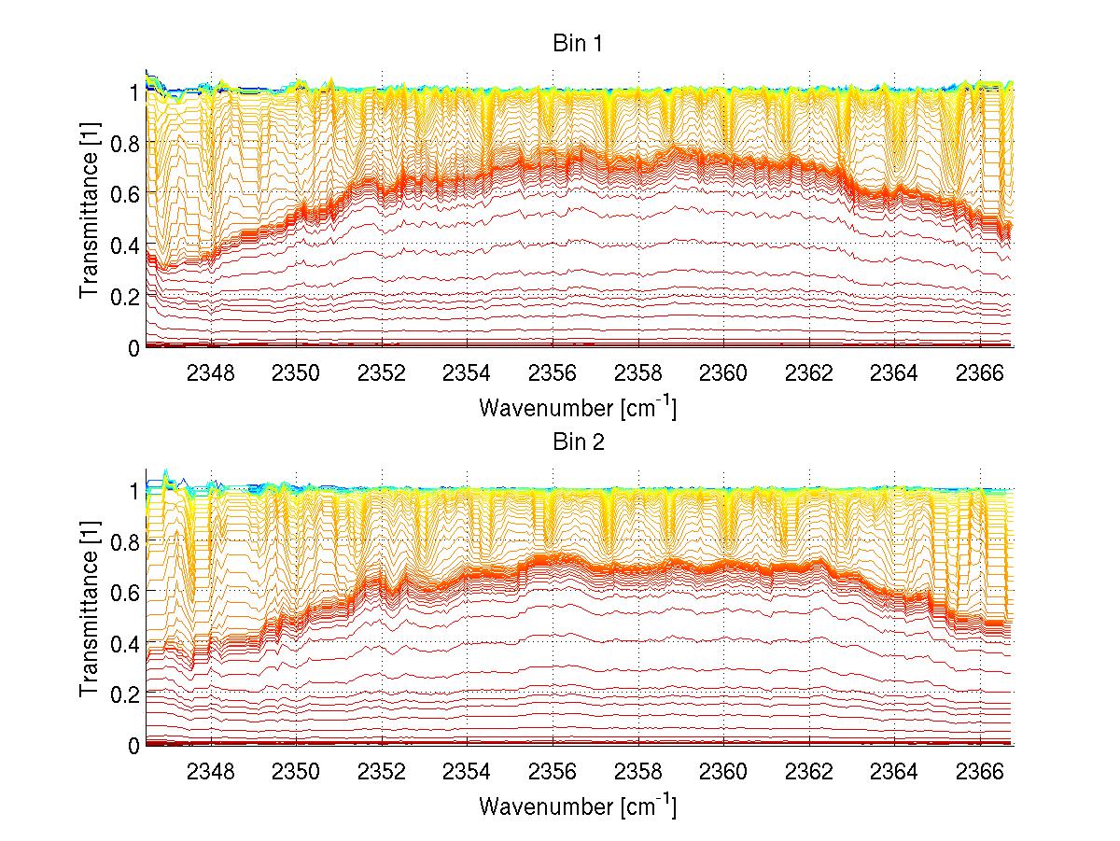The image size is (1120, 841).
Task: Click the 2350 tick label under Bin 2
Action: pos(297,772)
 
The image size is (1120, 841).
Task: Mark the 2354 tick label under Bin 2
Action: pos(468,772)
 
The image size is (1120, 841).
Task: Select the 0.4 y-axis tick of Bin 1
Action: pos(125,245)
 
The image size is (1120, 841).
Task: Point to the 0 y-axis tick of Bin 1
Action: pos(133,347)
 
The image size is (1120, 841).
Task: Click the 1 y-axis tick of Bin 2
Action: pos(133,491)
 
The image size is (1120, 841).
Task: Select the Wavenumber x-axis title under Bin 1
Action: pos(578,407)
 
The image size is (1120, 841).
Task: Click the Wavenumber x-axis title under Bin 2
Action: pos(578,806)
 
